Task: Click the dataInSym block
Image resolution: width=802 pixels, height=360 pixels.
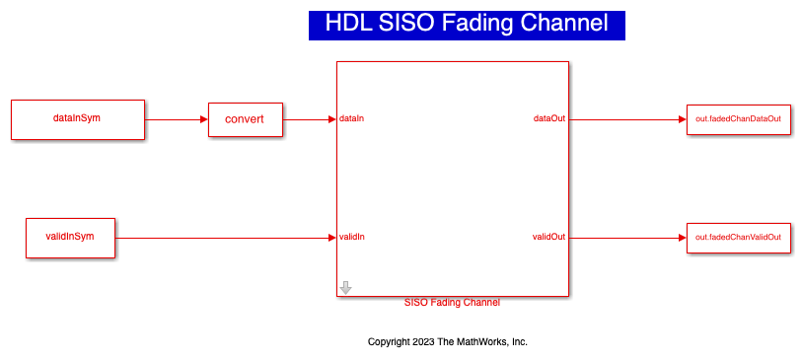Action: [78, 119]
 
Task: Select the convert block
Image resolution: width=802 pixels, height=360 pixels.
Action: [246, 119]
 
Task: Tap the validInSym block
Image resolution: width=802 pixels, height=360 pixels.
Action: [71, 238]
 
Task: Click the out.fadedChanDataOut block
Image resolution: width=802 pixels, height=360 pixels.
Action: [739, 119]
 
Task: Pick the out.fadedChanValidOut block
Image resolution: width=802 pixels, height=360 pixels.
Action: [739, 238]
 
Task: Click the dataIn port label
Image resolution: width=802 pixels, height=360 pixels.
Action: [351, 119]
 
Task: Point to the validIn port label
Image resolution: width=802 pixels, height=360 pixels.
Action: [352, 238]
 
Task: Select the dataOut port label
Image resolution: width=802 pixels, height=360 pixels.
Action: [549, 119]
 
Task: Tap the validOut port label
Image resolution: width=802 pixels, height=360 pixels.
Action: [548, 238]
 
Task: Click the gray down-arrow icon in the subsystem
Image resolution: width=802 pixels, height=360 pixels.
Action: [346, 288]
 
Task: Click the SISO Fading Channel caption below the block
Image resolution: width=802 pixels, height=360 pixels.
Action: [452, 302]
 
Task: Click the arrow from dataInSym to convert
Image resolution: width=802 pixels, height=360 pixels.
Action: [177, 119]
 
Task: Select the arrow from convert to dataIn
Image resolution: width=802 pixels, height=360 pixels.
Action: [310, 119]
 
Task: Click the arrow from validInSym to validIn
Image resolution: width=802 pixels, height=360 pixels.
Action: [226, 238]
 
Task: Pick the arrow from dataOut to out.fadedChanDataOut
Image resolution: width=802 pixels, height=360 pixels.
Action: [627, 119]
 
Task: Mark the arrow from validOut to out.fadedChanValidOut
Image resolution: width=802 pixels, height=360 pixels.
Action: [627, 238]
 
